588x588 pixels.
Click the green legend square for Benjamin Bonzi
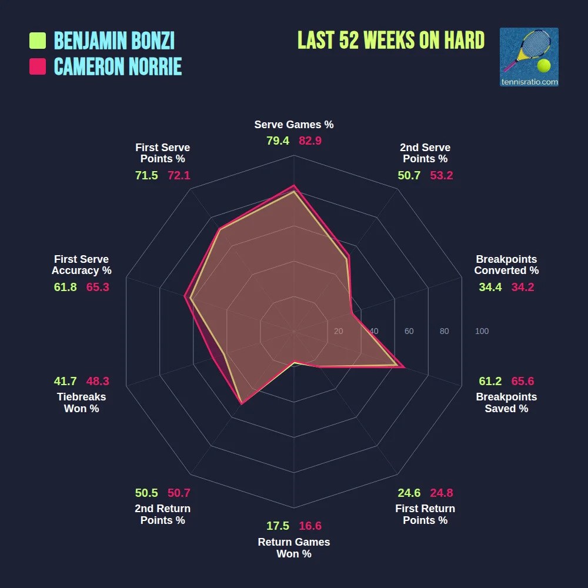click(x=38, y=41)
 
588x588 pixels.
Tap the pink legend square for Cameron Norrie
click(x=38, y=66)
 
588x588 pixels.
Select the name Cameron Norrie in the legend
click(x=118, y=66)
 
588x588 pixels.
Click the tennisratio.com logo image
click(x=529, y=57)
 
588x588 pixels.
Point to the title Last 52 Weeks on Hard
click(x=391, y=41)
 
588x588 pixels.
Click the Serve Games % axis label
click(x=294, y=125)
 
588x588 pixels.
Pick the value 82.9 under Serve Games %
click(x=310, y=141)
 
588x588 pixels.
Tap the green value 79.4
click(x=278, y=141)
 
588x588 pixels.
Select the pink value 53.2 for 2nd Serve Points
click(x=442, y=175)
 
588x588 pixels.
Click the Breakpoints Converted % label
click(x=506, y=265)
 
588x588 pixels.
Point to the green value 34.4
click(x=490, y=287)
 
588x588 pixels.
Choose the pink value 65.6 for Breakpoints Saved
click(x=523, y=381)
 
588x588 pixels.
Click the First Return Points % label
click(x=425, y=514)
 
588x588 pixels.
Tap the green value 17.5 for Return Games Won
click(x=278, y=526)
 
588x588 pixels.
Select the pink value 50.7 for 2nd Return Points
click(x=179, y=493)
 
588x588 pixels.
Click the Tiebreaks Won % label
click(x=81, y=403)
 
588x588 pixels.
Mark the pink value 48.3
click(x=98, y=381)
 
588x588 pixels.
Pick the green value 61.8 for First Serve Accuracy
click(x=65, y=287)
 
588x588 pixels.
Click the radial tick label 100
click(x=482, y=332)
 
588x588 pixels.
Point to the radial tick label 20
click(x=338, y=332)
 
